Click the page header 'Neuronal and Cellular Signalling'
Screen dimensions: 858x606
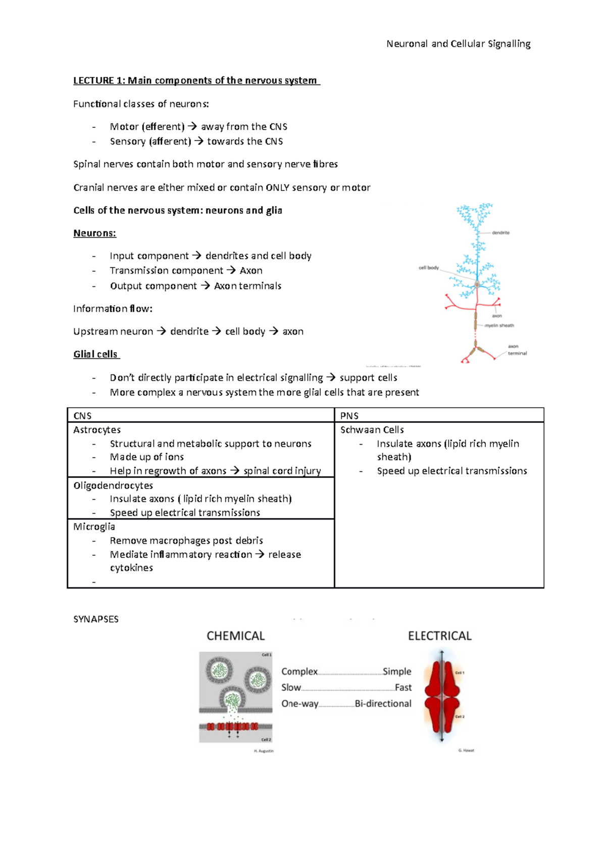[x=458, y=44]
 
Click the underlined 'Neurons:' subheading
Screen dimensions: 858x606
[x=94, y=233]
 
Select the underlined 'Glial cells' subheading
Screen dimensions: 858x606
[x=95, y=354]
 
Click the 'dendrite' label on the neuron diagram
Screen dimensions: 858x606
[x=500, y=233]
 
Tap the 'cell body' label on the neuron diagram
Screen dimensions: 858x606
[x=428, y=268]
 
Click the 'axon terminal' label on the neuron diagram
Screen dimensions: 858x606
[x=517, y=350]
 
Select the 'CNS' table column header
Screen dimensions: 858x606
[x=82, y=416]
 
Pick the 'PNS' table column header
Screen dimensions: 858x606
[x=349, y=416]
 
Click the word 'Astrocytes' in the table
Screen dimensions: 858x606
[x=97, y=430]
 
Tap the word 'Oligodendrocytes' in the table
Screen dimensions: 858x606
[x=113, y=486]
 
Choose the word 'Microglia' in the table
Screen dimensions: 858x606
[x=94, y=527]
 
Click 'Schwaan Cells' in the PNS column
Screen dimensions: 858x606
[x=372, y=430]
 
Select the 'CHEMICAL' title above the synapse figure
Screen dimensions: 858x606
[x=235, y=636]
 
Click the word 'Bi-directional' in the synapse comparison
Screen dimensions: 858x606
[x=383, y=703]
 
